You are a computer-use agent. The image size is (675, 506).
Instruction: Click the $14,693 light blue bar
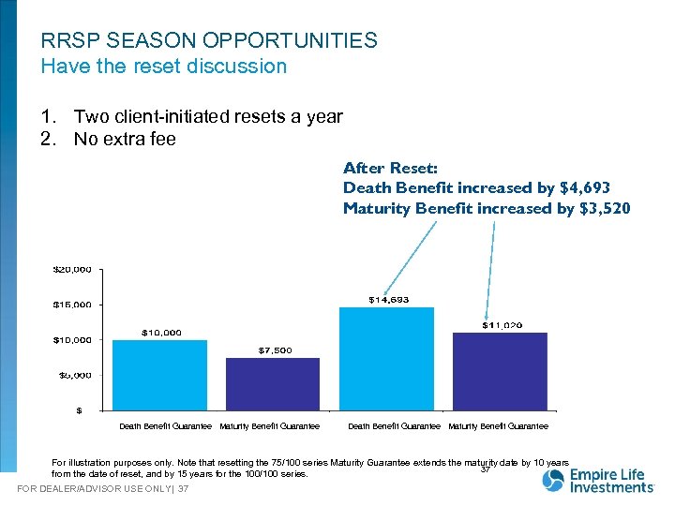pyautogui.click(x=373, y=358)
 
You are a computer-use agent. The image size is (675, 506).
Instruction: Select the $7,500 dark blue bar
pyautogui.click(x=260, y=383)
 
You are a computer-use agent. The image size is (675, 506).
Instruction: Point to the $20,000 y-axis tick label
pyautogui.click(x=71, y=270)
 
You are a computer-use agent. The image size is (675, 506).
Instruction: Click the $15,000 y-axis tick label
pyautogui.click(x=71, y=305)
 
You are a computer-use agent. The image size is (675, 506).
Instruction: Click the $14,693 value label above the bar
pyautogui.click(x=387, y=300)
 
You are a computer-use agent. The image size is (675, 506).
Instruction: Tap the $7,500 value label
pyautogui.click(x=275, y=350)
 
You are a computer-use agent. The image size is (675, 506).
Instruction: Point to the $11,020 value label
pyautogui.click(x=502, y=325)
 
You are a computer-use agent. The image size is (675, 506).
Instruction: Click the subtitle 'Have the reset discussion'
pyautogui.click(x=164, y=67)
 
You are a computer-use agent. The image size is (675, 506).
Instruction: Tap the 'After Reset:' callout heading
pyautogui.click(x=390, y=169)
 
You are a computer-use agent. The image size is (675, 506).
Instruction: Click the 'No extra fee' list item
pyautogui.click(x=125, y=140)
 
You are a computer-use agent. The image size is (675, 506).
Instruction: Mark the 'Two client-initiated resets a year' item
pyautogui.click(x=208, y=117)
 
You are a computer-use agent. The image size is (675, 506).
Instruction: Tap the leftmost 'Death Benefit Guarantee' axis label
pyautogui.click(x=165, y=426)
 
